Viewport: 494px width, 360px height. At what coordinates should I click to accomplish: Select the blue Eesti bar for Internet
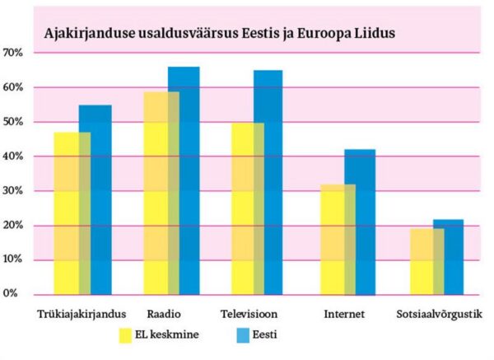(359, 222)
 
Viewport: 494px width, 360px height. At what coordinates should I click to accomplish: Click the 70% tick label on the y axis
(14, 53)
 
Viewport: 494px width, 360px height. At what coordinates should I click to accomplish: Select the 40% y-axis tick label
(14, 157)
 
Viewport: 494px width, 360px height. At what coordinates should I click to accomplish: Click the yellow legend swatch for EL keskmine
(127, 335)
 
